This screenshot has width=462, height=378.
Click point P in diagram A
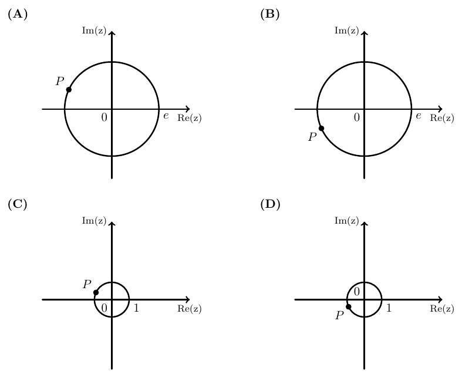(x=69, y=90)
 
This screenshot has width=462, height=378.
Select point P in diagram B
(x=322, y=129)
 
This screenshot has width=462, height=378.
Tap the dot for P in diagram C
(x=96, y=292)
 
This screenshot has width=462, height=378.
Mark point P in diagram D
(x=348, y=307)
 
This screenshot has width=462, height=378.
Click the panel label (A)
(x=18, y=14)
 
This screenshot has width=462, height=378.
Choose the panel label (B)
(x=270, y=14)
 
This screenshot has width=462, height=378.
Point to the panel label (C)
(x=18, y=204)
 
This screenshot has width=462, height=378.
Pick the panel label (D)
(x=270, y=204)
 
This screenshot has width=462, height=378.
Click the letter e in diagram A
(x=166, y=116)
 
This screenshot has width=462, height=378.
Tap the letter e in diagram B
(x=419, y=116)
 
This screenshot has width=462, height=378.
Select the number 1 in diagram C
(x=136, y=308)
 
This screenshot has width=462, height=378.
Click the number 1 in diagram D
(x=389, y=308)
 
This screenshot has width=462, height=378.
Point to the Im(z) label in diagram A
(x=94, y=31)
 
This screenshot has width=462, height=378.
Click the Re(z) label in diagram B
(x=442, y=118)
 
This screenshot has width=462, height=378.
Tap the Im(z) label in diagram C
(x=94, y=221)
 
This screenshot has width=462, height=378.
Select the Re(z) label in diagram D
(x=442, y=309)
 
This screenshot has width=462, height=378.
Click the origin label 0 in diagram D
(x=356, y=292)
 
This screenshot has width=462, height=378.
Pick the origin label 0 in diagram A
(x=104, y=117)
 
